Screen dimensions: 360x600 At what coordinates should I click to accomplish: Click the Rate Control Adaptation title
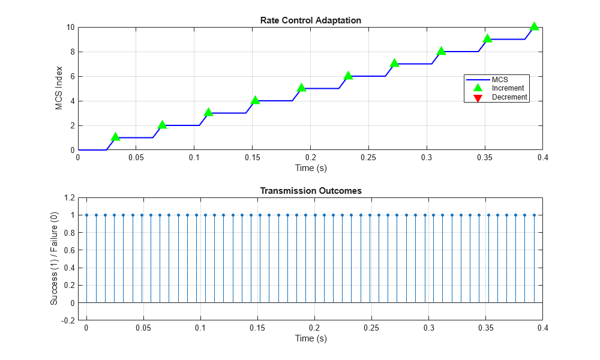tap(310, 20)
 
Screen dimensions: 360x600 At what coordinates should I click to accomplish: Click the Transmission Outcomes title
tap(310, 191)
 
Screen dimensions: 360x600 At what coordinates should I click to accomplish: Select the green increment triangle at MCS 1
tap(115, 137)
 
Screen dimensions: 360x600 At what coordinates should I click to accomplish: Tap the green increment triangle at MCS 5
tap(301, 88)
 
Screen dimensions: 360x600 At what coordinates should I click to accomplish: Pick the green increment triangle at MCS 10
tap(534, 26)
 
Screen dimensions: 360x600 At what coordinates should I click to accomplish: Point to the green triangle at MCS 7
tap(394, 63)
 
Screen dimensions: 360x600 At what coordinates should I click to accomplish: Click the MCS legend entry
tap(499, 79)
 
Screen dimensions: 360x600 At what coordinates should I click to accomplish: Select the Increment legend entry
tap(507, 88)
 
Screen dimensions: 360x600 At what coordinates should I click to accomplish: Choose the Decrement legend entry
tap(509, 97)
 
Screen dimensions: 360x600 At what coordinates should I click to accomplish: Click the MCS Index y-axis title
tap(59, 88)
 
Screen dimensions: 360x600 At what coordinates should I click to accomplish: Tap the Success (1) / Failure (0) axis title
tap(54, 259)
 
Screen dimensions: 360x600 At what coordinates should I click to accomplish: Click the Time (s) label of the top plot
tap(310, 168)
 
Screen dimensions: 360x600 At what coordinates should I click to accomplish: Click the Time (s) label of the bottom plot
tap(310, 338)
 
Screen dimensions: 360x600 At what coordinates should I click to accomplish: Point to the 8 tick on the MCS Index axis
tap(71, 52)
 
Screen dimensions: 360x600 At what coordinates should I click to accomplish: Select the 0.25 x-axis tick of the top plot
tap(368, 157)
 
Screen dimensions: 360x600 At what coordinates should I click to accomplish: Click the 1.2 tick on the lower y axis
tap(68, 197)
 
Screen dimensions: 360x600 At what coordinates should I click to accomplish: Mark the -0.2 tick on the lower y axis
tap(67, 320)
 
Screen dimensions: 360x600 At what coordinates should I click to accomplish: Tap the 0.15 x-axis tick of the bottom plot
tap(257, 328)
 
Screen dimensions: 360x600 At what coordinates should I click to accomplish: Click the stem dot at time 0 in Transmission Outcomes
tap(86, 215)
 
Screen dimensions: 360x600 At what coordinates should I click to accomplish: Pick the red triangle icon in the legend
tap(478, 98)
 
